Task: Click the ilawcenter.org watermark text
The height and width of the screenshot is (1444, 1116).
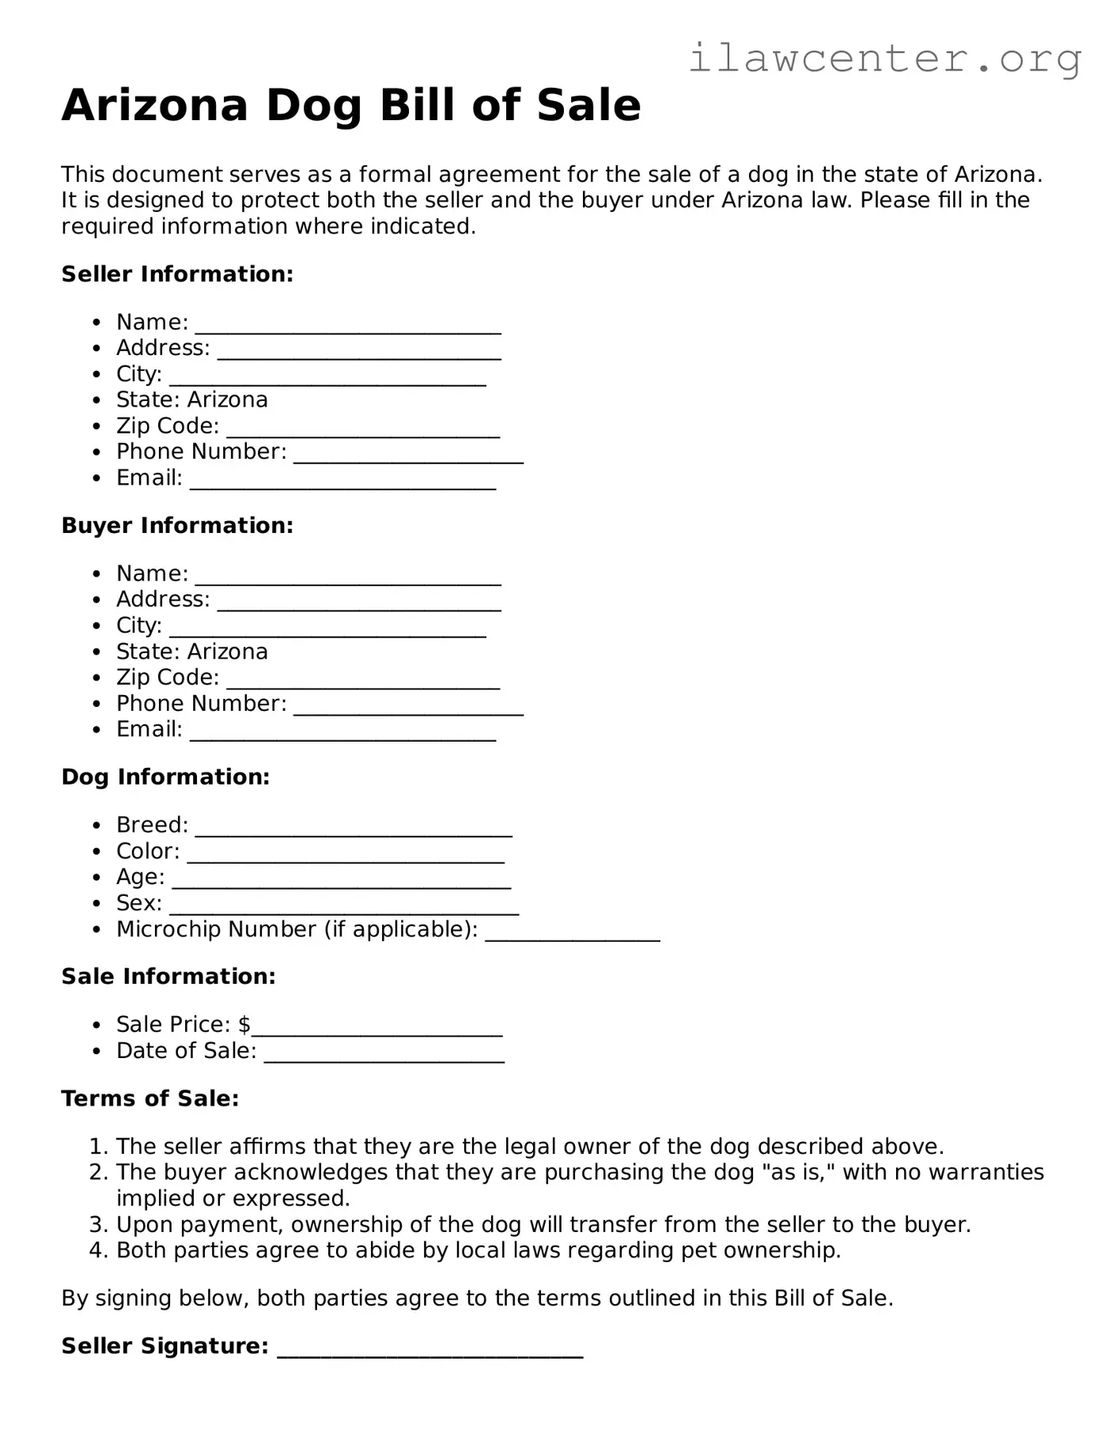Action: tap(884, 59)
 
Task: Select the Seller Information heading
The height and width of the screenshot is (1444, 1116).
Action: tap(177, 274)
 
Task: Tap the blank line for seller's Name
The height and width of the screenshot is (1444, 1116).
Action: tap(348, 328)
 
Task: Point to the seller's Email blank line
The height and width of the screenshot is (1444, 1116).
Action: tap(342, 484)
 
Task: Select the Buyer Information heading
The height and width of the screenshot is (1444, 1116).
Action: tap(177, 526)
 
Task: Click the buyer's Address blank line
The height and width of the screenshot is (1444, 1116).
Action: tap(359, 606)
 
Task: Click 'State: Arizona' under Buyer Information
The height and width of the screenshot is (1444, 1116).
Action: tap(192, 652)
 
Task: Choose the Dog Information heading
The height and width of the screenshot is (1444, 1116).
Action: tap(165, 777)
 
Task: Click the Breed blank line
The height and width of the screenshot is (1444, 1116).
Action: tap(354, 831)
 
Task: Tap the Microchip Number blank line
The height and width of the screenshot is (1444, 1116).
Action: tap(572, 936)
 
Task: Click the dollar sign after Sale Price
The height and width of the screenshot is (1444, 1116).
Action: tap(244, 1025)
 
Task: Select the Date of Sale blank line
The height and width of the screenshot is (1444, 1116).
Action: tap(384, 1057)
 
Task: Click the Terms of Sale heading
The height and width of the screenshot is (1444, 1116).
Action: tap(149, 1099)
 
